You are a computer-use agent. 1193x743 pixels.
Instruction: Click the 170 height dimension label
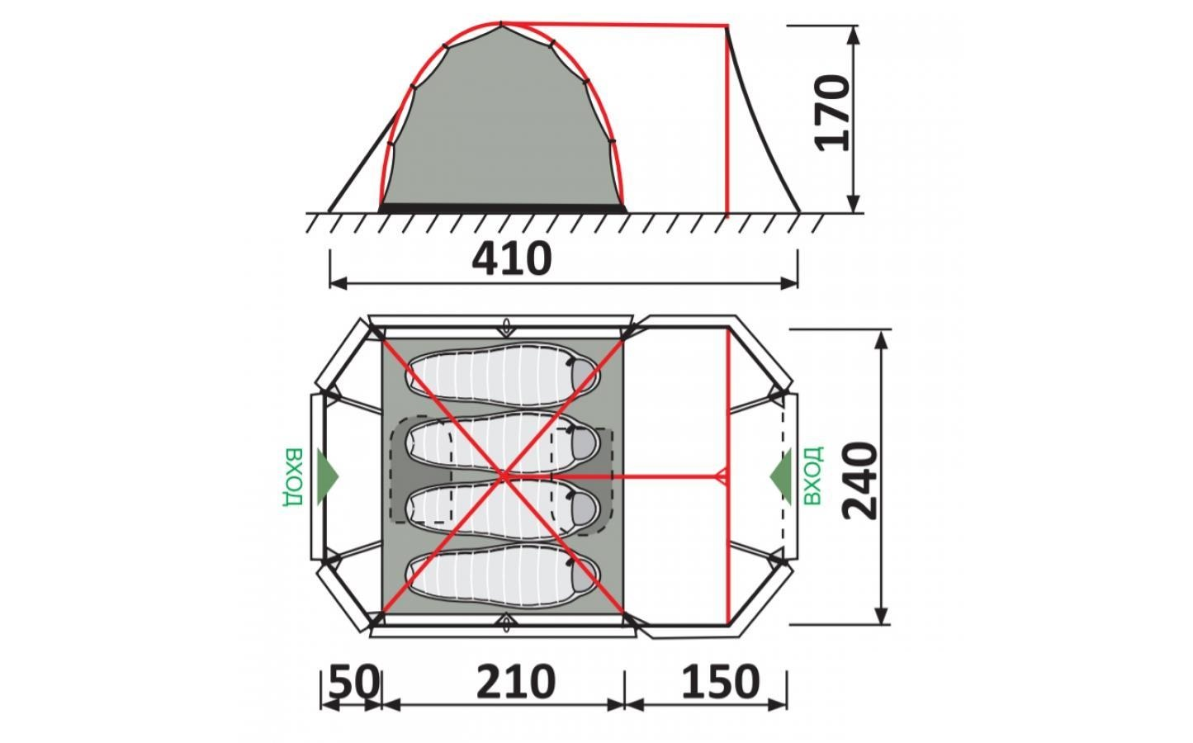(832, 113)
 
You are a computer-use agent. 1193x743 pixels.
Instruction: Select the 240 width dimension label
(859, 480)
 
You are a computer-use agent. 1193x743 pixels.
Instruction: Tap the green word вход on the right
(812, 476)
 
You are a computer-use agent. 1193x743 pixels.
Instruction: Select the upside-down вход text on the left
(293, 476)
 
